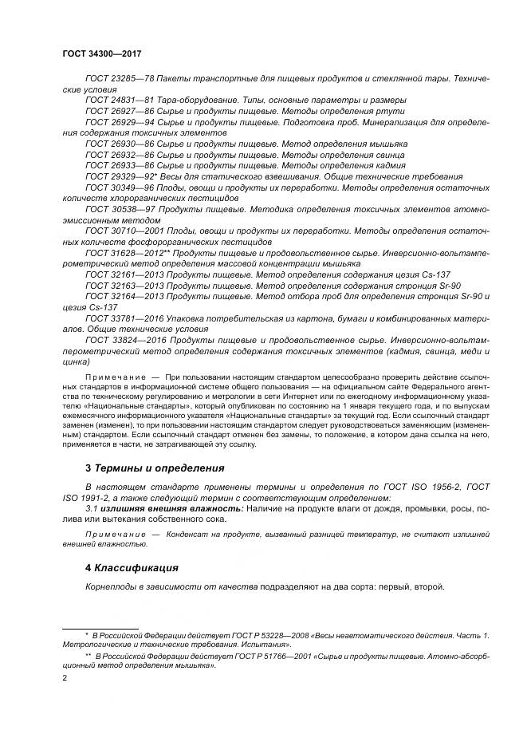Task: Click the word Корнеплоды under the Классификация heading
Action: coord(112,587)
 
